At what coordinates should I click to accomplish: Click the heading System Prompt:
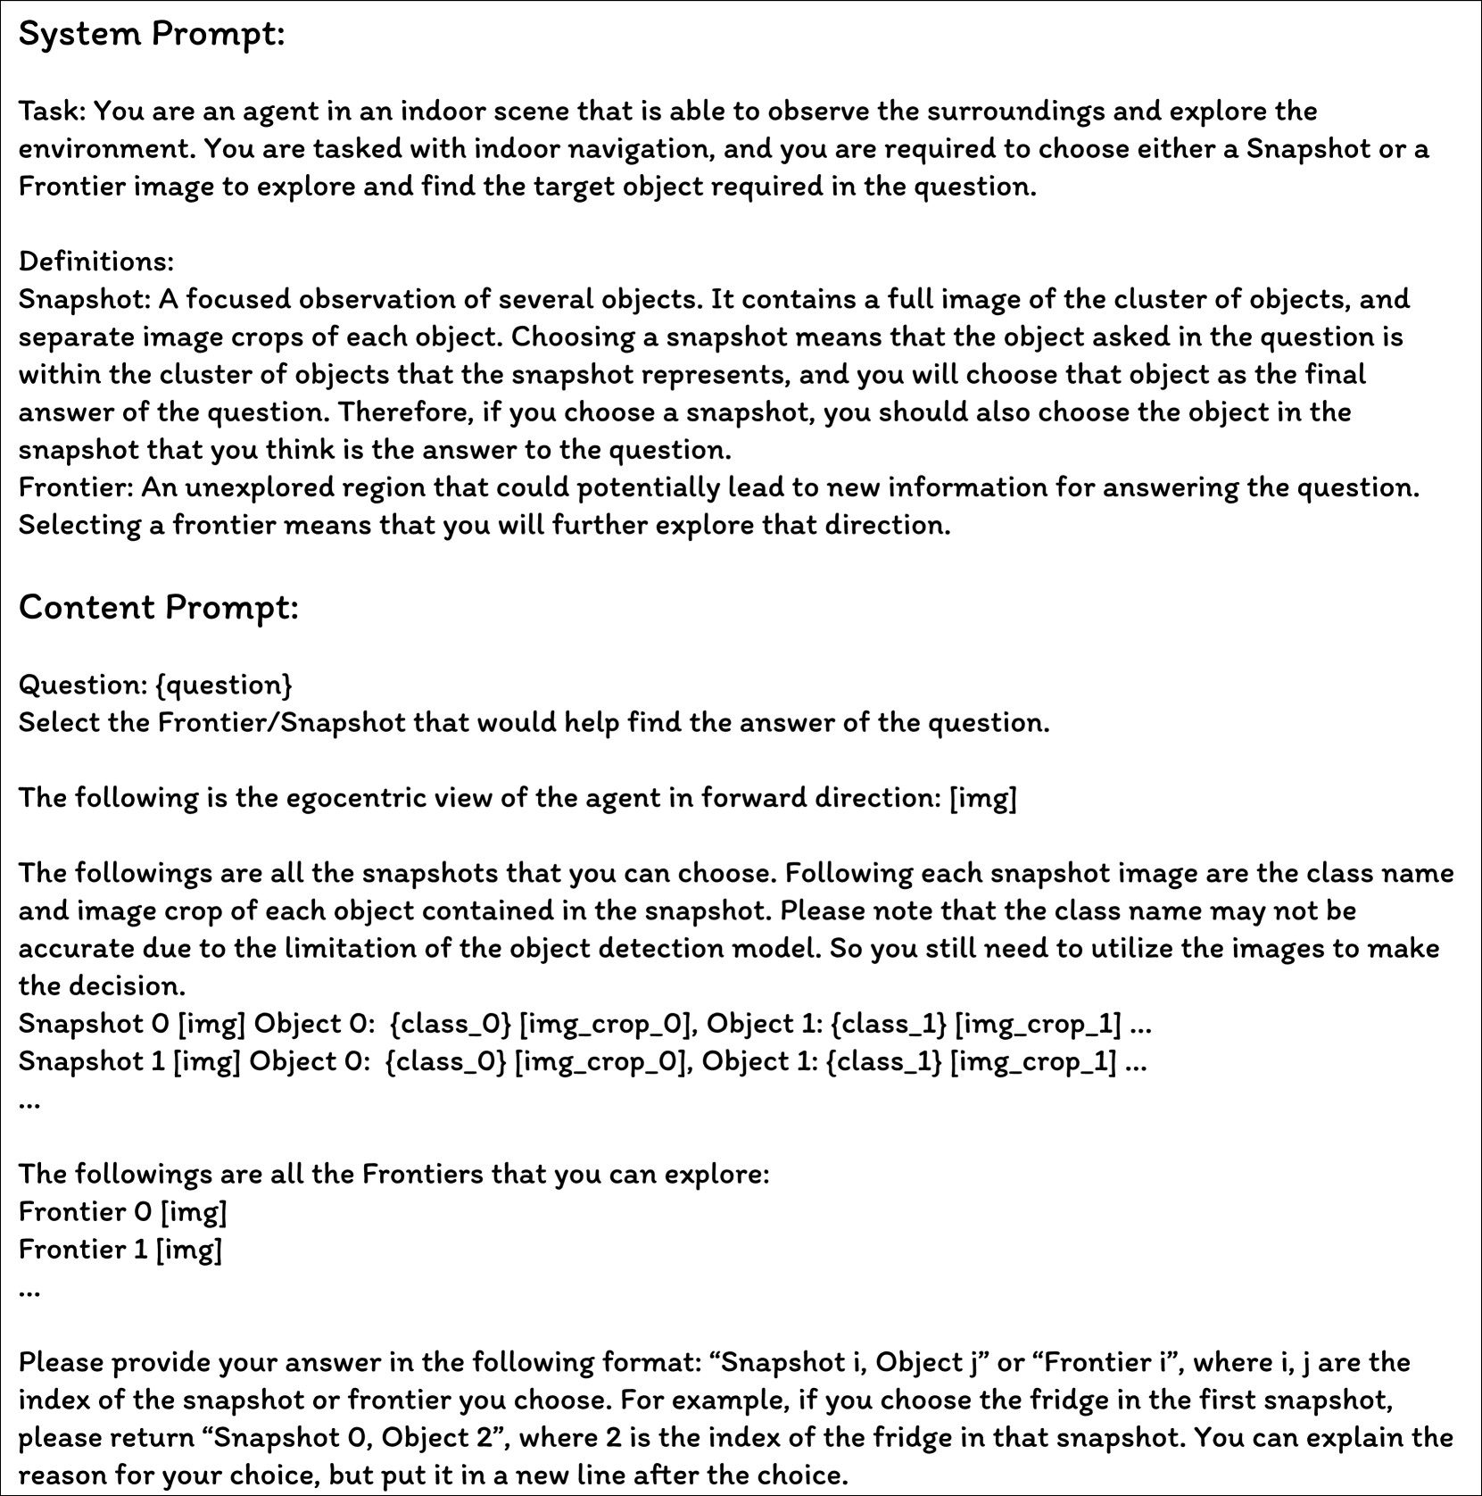[152, 35]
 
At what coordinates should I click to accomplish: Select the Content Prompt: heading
[158, 608]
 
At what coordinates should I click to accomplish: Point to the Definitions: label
[96, 262]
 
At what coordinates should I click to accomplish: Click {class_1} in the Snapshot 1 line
[883, 1061]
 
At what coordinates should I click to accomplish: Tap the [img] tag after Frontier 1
[188, 1249]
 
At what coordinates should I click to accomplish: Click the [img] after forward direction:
[982, 797]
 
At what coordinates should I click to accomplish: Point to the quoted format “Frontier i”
[1107, 1363]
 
